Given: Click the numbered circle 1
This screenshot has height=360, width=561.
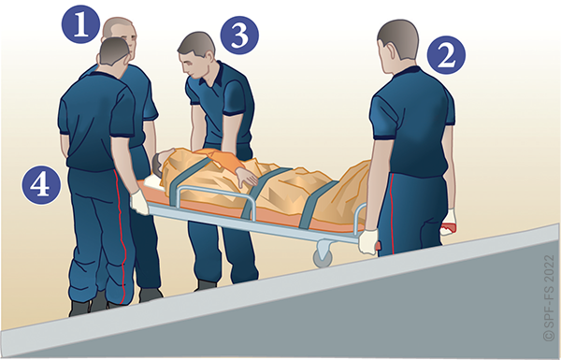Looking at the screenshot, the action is click(x=80, y=24).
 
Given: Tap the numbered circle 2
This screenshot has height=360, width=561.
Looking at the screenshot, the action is click(x=446, y=55).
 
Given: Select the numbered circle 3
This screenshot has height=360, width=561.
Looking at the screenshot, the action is click(x=239, y=36).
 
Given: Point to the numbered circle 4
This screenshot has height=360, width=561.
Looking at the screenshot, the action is click(x=41, y=184).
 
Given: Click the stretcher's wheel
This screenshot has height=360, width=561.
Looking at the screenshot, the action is click(x=323, y=257).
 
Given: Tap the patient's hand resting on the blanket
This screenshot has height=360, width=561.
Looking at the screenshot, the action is click(x=247, y=178).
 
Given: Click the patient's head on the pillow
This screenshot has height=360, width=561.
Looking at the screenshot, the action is click(x=160, y=164).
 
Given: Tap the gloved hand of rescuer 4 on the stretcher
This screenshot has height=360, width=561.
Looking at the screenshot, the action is click(x=139, y=202).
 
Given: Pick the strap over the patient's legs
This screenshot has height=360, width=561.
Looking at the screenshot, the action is click(x=316, y=205).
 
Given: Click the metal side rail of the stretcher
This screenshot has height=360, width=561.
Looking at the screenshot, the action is click(x=216, y=193).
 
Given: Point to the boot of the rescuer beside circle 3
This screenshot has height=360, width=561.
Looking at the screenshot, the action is click(x=206, y=285).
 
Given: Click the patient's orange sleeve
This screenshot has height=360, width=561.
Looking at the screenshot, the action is click(x=223, y=160).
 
